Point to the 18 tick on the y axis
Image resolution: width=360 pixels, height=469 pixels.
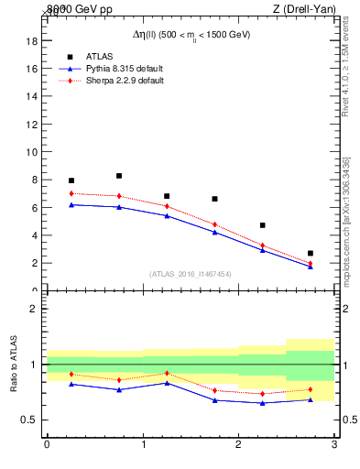(x=30, y=40)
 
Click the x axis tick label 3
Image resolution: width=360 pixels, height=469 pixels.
(x=333, y=445)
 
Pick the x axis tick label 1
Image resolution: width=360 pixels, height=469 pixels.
(x=142, y=445)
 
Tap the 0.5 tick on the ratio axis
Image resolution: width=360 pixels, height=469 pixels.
(x=27, y=420)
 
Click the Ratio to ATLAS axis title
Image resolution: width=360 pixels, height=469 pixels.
(x=13, y=364)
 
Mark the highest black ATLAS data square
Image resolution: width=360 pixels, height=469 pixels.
(x=119, y=176)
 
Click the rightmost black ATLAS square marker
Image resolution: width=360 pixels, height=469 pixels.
(x=311, y=253)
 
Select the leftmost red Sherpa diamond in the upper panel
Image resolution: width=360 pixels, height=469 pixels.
(x=71, y=193)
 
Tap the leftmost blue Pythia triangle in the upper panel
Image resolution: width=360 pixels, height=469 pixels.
(x=71, y=204)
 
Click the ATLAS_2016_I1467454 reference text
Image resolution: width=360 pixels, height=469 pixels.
(x=191, y=274)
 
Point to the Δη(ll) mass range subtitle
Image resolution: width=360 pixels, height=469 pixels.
(x=191, y=34)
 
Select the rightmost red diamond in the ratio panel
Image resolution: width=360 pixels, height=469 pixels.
(x=311, y=389)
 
